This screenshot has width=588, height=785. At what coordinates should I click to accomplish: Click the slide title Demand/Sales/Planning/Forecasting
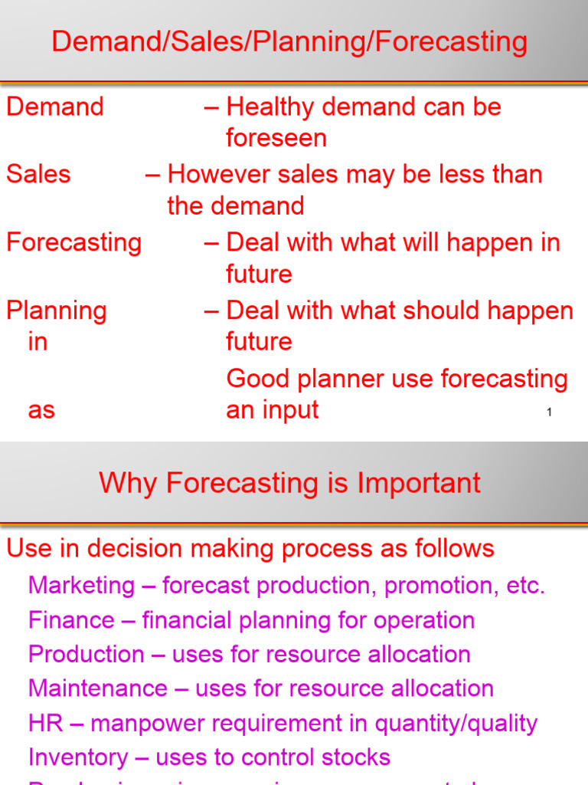pyautogui.click(x=289, y=41)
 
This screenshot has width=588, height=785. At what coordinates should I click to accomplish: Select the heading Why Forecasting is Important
pyautogui.click(x=289, y=483)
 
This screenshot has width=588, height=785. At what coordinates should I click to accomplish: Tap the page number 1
pyautogui.click(x=549, y=412)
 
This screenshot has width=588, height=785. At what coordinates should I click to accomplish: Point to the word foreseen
pyautogui.click(x=276, y=138)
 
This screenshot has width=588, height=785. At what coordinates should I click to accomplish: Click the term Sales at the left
pyautogui.click(x=38, y=174)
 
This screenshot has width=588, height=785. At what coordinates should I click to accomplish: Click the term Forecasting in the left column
pyautogui.click(x=73, y=242)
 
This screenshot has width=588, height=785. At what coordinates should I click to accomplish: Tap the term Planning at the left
pyautogui.click(x=57, y=310)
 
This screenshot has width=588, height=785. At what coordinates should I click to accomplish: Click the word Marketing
pyautogui.click(x=81, y=586)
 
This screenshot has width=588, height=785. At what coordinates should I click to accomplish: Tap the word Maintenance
pyautogui.click(x=96, y=688)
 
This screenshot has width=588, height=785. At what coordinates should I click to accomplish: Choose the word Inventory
pyautogui.click(x=78, y=757)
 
